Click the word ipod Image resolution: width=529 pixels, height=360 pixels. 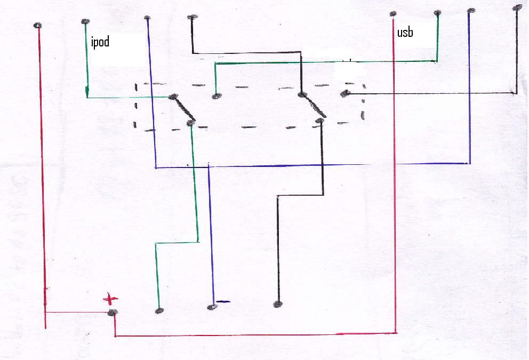pyautogui.click(x=100, y=42)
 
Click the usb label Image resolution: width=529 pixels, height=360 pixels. pyautogui.click(x=406, y=33)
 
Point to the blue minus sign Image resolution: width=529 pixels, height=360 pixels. pyautogui.click(x=222, y=302)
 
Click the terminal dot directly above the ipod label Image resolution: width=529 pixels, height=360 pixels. pyautogui.click(x=85, y=21)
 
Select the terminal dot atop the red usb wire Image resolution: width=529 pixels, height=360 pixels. pyautogui.click(x=393, y=14)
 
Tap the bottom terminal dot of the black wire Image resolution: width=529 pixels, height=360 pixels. pyautogui.click(x=277, y=305)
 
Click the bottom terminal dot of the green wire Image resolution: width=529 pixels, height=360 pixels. pyautogui.click(x=158, y=310)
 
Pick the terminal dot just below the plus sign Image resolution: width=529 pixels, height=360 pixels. pyautogui.click(x=112, y=313)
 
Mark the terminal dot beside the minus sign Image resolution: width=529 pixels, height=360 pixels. pyautogui.click(x=212, y=307)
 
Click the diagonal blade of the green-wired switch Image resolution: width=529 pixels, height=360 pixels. pyautogui.click(x=182, y=109)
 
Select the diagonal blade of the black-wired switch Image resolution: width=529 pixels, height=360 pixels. pyautogui.click(x=312, y=105)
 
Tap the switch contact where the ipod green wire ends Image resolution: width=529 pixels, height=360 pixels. pyautogui.click(x=172, y=97)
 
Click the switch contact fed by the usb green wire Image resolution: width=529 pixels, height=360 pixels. pyautogui.click(x=215, y=97)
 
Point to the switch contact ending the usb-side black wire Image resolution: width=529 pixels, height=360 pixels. pyautogui.click(x=345, y=93)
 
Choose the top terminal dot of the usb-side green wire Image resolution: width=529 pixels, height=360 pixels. pyautogui.click(x=437, y=13)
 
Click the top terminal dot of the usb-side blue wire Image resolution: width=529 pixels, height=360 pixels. pyautogui.click(x=470, y=11)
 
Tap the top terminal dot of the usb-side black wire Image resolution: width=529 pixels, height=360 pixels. pyautogui.click(x=516, y=8)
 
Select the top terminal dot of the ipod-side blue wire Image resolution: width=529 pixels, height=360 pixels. pyautogui.click(x=147, y=19)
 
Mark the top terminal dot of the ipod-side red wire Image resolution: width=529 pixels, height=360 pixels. pyautogui.click(x=37, y=26)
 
